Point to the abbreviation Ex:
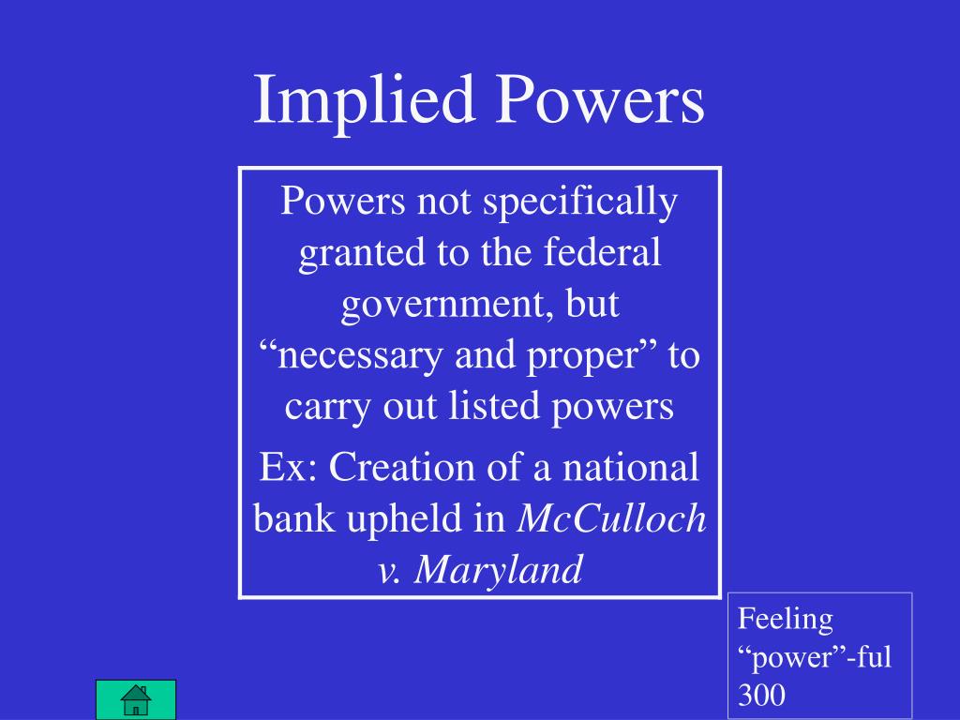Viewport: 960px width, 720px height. click(285, 468)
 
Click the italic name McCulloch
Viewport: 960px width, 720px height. click(612, 519)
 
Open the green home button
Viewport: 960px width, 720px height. click(136, 698)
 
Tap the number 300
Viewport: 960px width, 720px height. click(762, 695)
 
